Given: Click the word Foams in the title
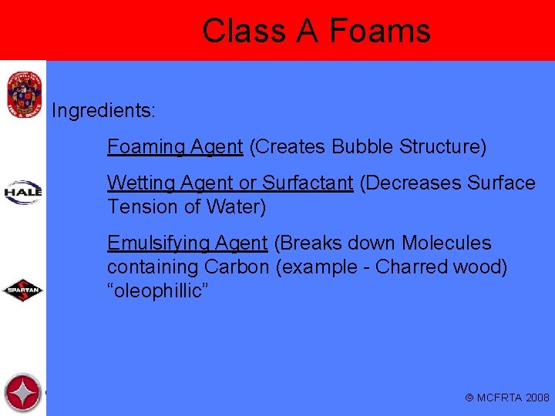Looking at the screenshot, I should click(379, 31).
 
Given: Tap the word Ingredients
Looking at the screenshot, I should click(103, 111).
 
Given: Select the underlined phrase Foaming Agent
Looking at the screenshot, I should click(175, 146).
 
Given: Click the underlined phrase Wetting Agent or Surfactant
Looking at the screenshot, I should click(230, 183).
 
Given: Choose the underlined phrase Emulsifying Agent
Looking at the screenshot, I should click(187, 243).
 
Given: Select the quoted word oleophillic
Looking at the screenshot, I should click(158, 291).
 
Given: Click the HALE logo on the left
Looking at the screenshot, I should click(23, 190).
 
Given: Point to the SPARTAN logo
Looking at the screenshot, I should click(23, 290).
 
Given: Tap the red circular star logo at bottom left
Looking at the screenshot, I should click(23, 393).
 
